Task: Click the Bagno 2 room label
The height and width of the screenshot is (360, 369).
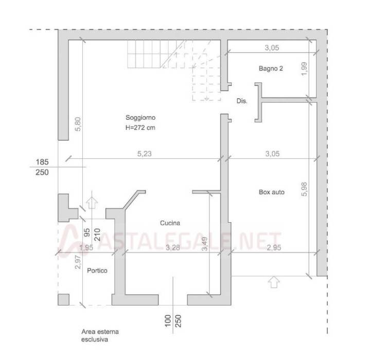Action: click(271, 68)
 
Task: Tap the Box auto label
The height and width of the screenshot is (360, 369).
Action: click(272, 192)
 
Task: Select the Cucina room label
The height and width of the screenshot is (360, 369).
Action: click(170, 223)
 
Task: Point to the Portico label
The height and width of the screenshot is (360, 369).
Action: click(97, 271)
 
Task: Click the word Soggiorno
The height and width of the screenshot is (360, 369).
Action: click(140, 117)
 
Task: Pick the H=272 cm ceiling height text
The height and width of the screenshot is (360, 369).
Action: click(140, 128)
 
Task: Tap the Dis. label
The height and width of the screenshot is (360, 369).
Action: click(242, 101)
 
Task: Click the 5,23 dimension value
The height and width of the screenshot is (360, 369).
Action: click(144, 154)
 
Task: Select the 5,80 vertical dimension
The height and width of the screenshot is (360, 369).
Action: click(78, 124)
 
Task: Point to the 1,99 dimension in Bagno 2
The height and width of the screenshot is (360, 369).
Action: click(304, 69)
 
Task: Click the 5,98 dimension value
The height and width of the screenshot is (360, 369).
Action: click(304, 189)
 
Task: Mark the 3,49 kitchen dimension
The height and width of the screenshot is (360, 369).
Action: click(205, 244)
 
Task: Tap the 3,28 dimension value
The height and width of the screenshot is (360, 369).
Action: click(173, 247)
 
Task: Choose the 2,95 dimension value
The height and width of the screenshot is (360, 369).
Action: click(274, 247)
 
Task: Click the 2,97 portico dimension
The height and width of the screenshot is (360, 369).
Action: click(78, 262)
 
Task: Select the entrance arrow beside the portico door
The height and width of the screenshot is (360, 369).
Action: click(92, 203)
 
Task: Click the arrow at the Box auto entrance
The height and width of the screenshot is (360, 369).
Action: click(274, 282)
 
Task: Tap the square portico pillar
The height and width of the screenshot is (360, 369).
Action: click(63, 299)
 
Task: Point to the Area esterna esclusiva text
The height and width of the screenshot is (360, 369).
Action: click(100, 335)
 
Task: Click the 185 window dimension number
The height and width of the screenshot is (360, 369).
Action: click(42, 162)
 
